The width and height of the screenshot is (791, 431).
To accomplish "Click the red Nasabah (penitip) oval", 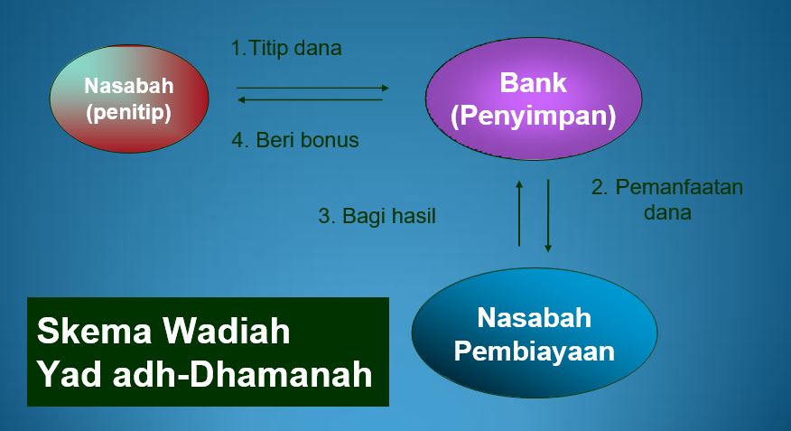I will (x=128, y=98).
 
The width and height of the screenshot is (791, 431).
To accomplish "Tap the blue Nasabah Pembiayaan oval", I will (x=534, y=333).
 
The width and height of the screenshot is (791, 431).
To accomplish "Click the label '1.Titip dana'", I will (x=286, y=49).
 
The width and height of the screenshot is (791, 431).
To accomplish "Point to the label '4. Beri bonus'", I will (x=294, y=140).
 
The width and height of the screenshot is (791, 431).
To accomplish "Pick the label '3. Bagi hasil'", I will (x=377, y=217).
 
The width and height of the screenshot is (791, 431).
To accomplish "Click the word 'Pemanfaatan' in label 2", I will (x=678, y=188).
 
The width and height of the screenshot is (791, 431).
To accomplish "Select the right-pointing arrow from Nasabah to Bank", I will (x=312, y=88).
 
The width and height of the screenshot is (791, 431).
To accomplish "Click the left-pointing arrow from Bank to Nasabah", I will (x=310, y=99).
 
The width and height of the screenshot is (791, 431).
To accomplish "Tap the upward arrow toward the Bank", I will (x=519, y=212).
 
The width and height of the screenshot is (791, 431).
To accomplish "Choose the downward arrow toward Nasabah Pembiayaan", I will (x=547, y=215).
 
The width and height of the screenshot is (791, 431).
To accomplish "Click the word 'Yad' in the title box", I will (x=67, y=373).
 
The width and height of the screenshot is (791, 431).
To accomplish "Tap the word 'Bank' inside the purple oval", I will (x=533, y=83).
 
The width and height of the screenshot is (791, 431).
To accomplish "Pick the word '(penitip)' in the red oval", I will (x=128, y=115).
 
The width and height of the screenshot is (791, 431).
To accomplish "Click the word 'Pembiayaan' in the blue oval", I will (x=534, y=351).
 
